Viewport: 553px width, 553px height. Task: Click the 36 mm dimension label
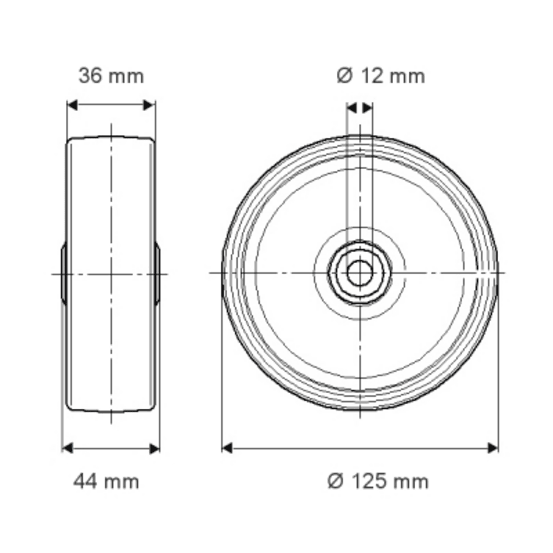click(x=111, y=76)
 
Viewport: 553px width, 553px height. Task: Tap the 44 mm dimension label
click(x=106, y=481)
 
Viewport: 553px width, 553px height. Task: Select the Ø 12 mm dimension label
click(x=380, y=76)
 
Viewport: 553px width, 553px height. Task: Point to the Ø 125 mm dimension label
click(x=378, y=481)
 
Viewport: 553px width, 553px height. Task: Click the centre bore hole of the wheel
click(x=359, y=273)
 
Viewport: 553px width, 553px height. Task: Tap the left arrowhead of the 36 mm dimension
click(x=72, y=105)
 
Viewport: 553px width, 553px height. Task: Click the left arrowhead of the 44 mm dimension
click(x=67, y=447)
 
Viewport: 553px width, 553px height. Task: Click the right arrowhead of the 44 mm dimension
click(x=154, y=447)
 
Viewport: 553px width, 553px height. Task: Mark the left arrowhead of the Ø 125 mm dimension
click(x=227, y=447)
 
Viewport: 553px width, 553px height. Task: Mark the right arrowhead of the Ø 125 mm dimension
click(x=492, y=447)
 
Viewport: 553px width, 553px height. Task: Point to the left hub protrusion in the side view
click(x=64, y=274)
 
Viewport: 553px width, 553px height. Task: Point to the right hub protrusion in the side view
click(x=158, y=274)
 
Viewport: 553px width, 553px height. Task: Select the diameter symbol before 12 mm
click(x=344, y=76)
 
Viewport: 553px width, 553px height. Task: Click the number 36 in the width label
click(x=90, y=76)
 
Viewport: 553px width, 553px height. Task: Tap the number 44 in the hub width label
click(x=86, y=481)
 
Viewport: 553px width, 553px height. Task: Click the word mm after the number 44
click(x=122, y=481)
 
